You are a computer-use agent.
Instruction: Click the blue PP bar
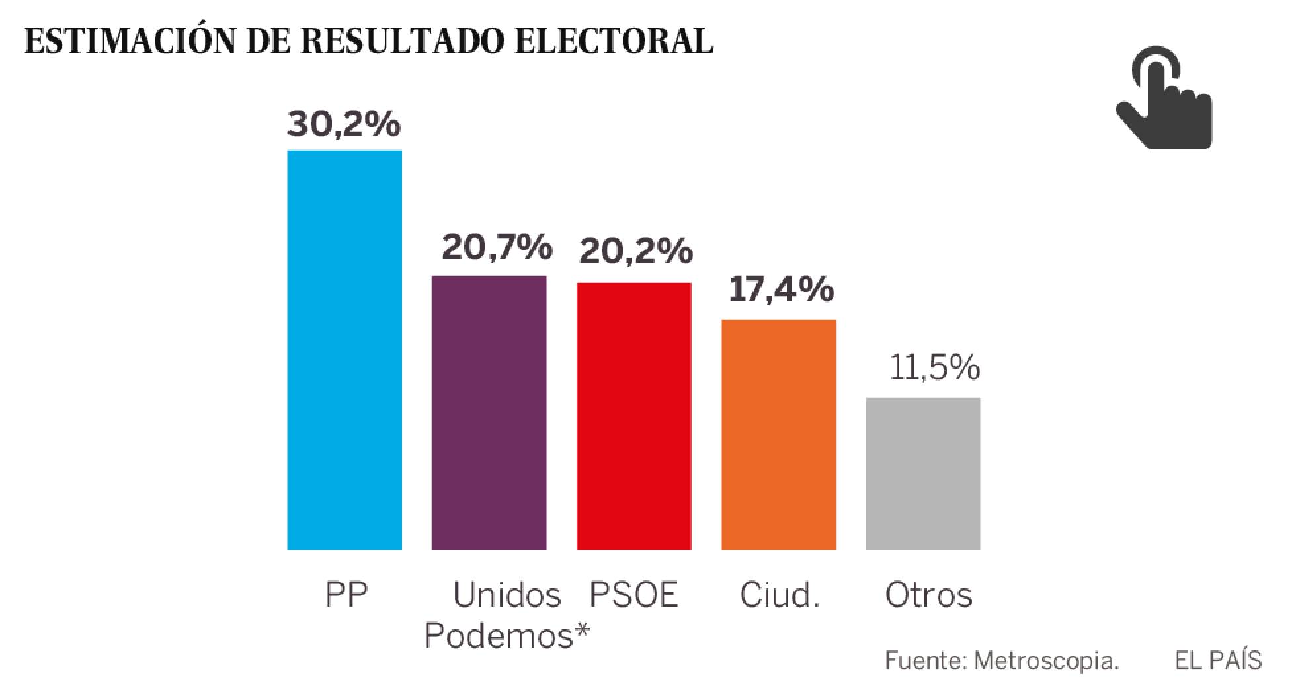tap(344, 350)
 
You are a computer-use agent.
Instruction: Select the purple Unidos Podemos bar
tap(489, 412)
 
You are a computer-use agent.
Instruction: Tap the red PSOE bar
tap(633, 416)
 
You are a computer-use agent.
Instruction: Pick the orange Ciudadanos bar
tap(778, 434)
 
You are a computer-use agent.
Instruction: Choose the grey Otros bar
tap(923, 473)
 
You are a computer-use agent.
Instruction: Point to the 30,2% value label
tap(344, 124)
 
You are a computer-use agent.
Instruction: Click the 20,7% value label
tap(497, 247)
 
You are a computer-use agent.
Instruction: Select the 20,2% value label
tap(635, 252)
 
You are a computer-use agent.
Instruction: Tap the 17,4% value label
tap(781, 290)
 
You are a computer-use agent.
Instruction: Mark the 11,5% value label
tap(934, 367)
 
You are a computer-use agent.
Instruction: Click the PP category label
tap(346, 595)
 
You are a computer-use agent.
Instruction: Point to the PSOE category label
tap(633, 595)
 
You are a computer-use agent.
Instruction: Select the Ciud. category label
tap(779, 595)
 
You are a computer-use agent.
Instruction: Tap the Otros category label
tap(928, 595)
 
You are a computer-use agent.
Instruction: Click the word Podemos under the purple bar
tap(499, 636)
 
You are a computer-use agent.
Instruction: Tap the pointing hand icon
tap(1164, 98)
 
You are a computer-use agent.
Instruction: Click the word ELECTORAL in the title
tap(614, 41)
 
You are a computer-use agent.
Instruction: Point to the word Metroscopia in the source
tap(1045, 660)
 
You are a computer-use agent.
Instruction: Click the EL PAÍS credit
tap(1218, 660)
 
